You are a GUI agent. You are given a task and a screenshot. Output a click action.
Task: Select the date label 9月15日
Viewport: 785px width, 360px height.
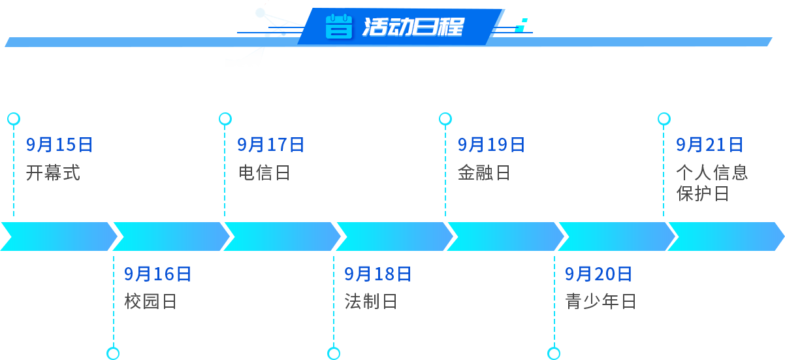coord(59,144)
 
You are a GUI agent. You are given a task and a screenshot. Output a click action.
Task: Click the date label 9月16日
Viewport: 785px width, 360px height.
coord(157,274)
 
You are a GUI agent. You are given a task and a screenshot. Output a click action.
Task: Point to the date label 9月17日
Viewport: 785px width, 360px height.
coord(270,144)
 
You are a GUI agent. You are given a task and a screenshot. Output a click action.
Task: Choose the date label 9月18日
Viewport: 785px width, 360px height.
coord(377,274)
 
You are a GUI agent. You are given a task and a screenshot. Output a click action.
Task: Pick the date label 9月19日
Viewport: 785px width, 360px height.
coord(490,144)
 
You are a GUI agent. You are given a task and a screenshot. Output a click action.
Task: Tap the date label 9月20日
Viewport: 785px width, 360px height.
coord(598,274)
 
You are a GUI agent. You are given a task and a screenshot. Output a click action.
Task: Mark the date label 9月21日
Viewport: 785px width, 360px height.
coord(709,144)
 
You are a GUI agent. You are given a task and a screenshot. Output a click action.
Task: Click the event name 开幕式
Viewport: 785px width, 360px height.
coord(53,172)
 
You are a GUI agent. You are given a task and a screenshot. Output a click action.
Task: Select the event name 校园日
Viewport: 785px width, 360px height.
coord(150,301)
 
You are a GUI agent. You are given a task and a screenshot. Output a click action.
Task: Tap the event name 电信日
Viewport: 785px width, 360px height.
coord(264,172)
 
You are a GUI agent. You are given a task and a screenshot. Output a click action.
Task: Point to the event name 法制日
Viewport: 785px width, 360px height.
coord(370,301)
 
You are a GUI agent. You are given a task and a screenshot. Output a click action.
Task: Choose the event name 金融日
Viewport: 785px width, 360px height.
coord(484,172)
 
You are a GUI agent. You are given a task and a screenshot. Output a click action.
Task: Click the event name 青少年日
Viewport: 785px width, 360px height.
coord(600,301)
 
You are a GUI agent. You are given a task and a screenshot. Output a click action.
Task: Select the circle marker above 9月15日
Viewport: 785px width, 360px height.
coord(13,118)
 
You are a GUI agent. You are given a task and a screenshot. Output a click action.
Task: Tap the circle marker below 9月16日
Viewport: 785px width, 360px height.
coord(113,353)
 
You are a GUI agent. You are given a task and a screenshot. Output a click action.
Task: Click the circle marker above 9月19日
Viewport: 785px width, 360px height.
coord(445,118)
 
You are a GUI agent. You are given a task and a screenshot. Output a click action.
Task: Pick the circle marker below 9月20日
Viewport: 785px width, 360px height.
coord(554,353)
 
